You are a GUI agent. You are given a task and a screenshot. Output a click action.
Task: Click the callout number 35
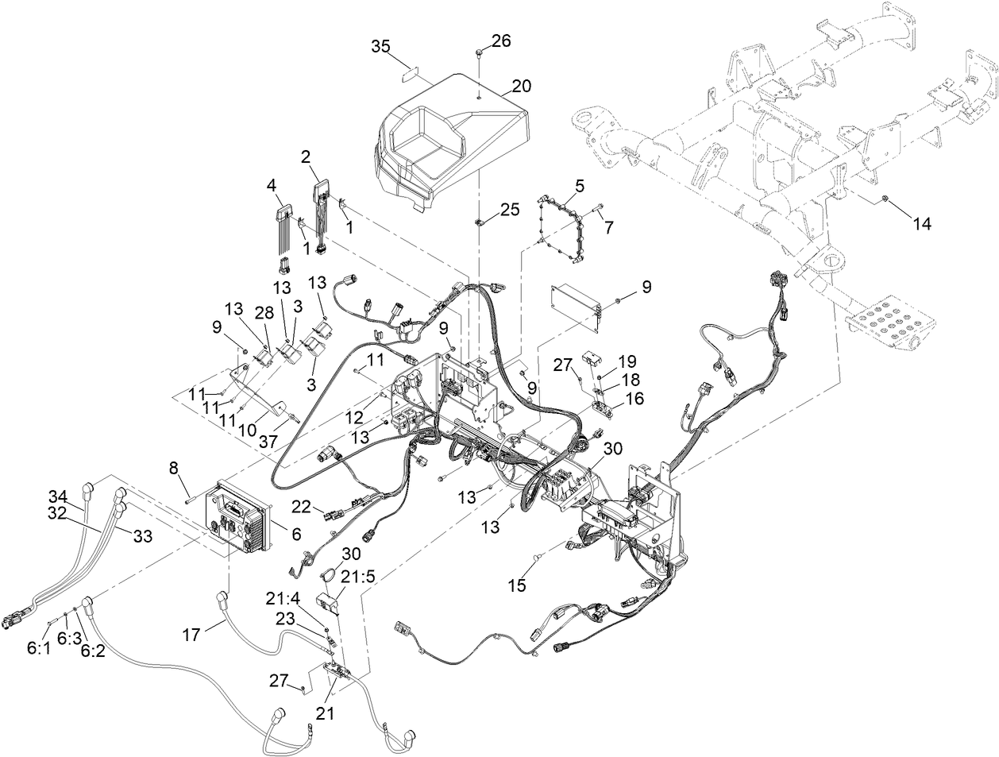(381, 47)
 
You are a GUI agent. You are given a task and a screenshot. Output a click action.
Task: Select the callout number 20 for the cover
(521, 86)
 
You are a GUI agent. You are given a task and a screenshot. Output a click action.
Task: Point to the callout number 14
(920, 225)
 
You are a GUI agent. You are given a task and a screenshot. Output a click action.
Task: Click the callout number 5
(579, 187)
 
